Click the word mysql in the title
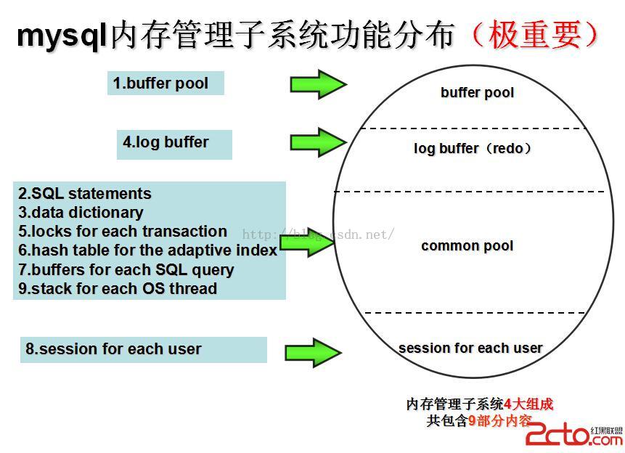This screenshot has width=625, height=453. coord(62,35)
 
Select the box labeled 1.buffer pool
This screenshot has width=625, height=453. coord(166,83)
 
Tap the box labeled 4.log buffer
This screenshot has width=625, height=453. coord(173,143)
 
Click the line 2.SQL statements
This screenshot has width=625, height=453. coord(85,194)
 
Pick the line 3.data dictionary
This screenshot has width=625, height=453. coord(81,213)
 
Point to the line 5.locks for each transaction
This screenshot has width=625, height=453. coord(123,232)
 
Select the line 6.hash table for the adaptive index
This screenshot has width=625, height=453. coord(148,250)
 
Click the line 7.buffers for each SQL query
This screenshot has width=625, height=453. coord(126,270)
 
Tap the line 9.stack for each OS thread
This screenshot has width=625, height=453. coord(118,289)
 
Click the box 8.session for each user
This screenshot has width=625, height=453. coord(143,349)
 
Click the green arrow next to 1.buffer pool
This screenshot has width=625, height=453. coord(318,84)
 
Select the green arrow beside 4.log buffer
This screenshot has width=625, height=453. coord(318,142)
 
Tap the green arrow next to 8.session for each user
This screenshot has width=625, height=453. coord(314,352)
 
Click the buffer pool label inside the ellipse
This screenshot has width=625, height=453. coord(477,93)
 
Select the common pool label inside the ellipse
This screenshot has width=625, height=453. coord(467,246)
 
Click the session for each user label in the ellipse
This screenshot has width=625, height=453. coord(470,348)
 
